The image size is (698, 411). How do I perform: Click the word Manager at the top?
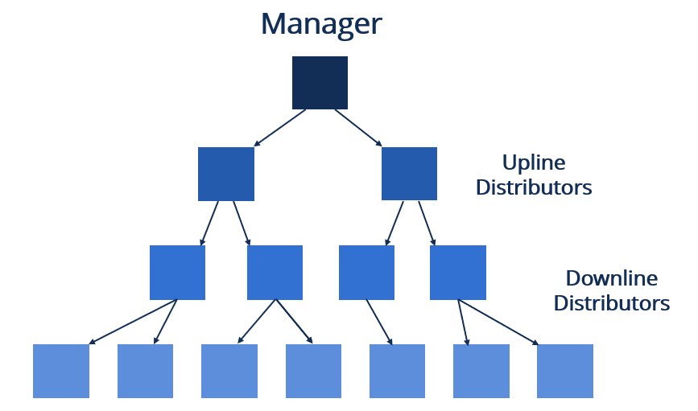point(320,23)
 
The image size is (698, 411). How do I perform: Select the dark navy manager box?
point(320,83)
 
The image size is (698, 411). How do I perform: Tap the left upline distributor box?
point(226,174)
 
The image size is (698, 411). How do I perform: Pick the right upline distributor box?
point(409,174)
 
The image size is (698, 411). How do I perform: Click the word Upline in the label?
point(534,163)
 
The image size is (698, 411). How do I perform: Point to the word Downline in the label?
point(611,279)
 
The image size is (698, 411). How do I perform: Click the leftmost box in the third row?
point(177,273)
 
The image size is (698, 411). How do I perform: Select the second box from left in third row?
point(275,273)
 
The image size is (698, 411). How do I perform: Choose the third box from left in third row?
point(366,273)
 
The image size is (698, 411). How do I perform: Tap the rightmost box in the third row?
point(458,273)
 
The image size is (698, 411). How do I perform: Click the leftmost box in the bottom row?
point(61,371)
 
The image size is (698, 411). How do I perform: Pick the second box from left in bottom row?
point(146,371)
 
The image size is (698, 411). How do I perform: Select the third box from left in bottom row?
point(229,371)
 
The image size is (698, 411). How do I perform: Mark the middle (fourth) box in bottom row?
point(314,371)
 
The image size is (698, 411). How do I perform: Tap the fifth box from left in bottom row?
point(397,371)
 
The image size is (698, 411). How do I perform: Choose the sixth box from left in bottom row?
point(481,371)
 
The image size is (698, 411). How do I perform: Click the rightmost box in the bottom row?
point(565,371)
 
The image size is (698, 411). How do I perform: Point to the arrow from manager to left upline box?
point(280,128)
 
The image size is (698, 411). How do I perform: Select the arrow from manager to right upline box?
point(358,128)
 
